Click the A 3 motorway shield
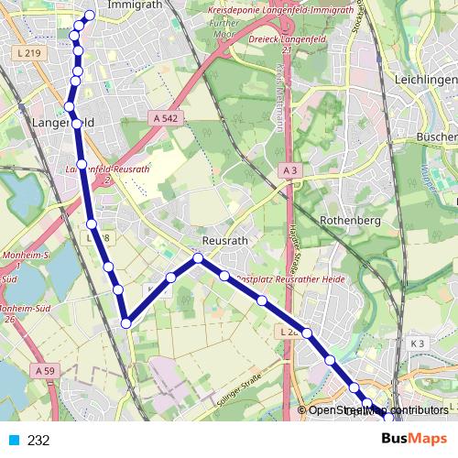tap(290, 170)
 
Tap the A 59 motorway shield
tap(45, 371)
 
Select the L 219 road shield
tap(28, 54)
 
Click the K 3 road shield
tap(418, 343)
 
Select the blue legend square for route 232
tap(13, 441)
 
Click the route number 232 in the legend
tap(38, 441)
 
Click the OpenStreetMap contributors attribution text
tap(377, 410)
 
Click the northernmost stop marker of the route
tap(90, 15)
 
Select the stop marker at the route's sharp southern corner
tap(126, 322)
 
